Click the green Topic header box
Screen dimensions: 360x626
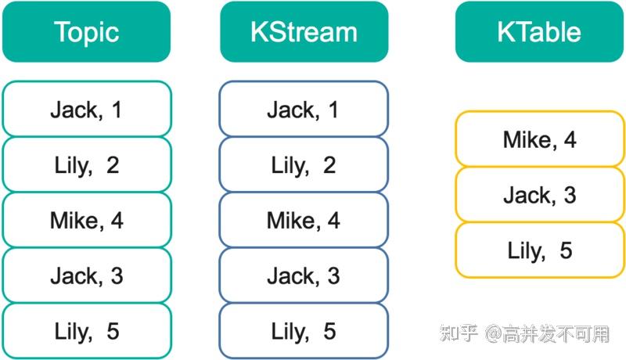[86, 32]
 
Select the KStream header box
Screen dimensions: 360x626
[304, 32]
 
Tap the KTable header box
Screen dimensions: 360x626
[539, 32]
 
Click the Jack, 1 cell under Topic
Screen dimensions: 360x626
[86, 109]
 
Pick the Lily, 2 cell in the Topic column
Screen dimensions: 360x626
[86, 164]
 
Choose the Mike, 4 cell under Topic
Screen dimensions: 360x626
[86, 220]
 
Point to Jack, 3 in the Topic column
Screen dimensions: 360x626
[86, 275]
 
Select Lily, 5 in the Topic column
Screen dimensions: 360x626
[86, 331]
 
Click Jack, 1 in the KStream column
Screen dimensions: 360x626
[304, 109]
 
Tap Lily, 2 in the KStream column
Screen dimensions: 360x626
[304, 164]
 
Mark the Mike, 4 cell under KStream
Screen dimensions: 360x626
[304, 220]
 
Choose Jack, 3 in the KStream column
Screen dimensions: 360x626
[304, 275]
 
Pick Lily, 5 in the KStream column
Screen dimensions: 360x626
[304, 331]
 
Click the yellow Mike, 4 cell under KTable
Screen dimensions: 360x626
[540, 139]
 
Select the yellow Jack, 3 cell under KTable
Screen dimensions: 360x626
[540, 194]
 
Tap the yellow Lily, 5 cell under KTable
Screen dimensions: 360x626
[540, 250]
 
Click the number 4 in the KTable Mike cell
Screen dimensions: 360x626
[570, 139]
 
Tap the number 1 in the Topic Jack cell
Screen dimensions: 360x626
[117, 109]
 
